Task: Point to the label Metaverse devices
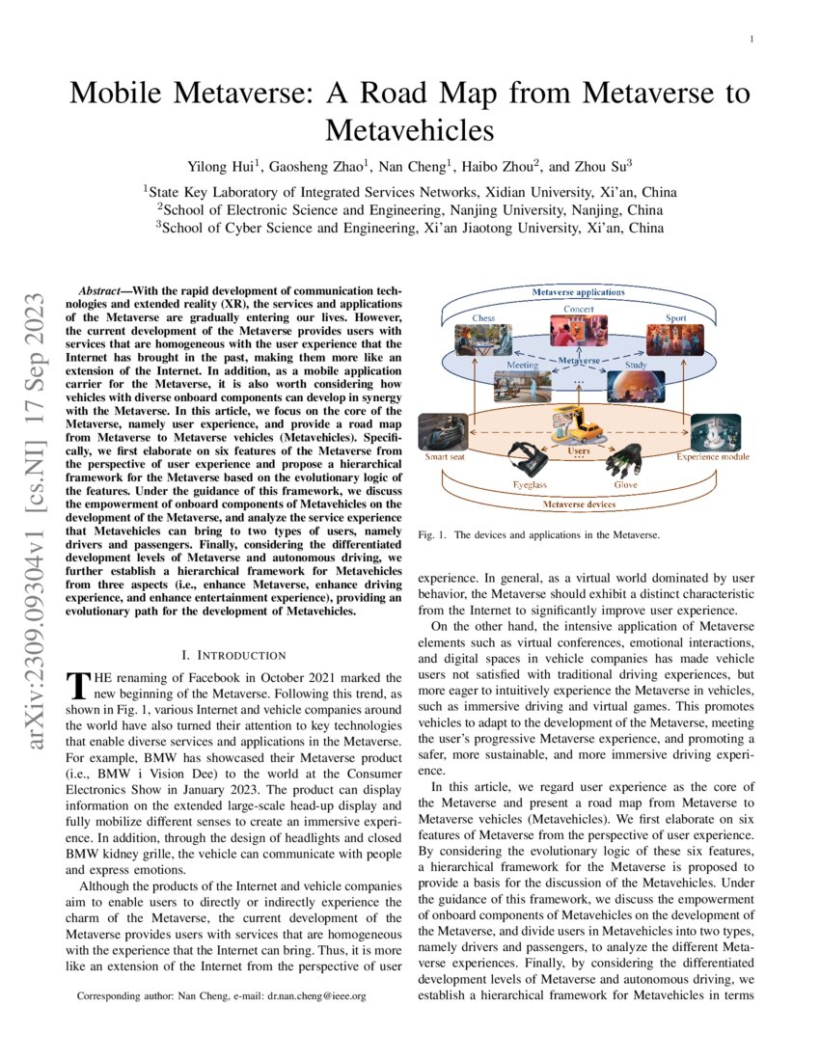coord(579,504)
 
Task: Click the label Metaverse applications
coord(579,291)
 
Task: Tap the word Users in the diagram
coord(579,450)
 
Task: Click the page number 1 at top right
coord(751,39)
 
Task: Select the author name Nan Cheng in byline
coord(395,165)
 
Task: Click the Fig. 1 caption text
coord(538,533)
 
